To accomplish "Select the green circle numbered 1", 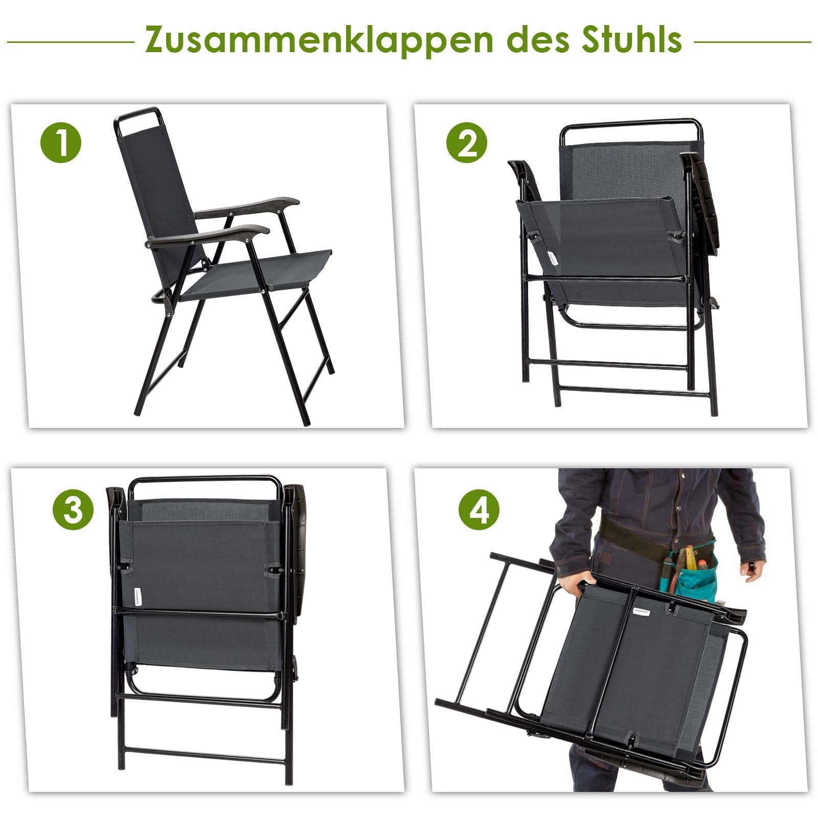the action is click(x=61, y=142).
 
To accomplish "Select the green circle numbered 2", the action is click(x=467, y=142).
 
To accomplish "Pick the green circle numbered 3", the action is click(x=73, y=510).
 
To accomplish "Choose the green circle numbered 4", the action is click(x=479, y=510).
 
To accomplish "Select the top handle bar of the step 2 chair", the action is click(x=631, y=123).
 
